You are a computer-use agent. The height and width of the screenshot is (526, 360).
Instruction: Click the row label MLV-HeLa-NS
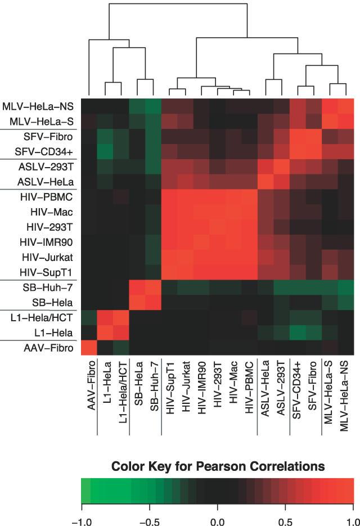coord(40,106)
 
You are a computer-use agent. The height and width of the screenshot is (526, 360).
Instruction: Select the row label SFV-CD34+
coord(47,151)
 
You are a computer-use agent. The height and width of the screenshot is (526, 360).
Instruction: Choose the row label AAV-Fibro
coord(49,348)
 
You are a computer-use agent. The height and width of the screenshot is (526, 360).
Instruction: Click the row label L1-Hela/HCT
coord(46,318)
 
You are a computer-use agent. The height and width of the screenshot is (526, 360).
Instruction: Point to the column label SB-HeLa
coord(137,386)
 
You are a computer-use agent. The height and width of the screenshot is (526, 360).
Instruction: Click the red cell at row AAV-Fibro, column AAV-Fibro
coord(89,348)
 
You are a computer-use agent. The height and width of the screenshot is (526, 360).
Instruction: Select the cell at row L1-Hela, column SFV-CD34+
coord(298,333)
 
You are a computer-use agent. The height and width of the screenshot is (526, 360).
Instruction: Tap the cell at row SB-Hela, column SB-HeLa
coord(137,303)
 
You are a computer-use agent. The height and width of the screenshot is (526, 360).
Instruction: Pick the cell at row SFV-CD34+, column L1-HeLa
coord(105,151)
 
